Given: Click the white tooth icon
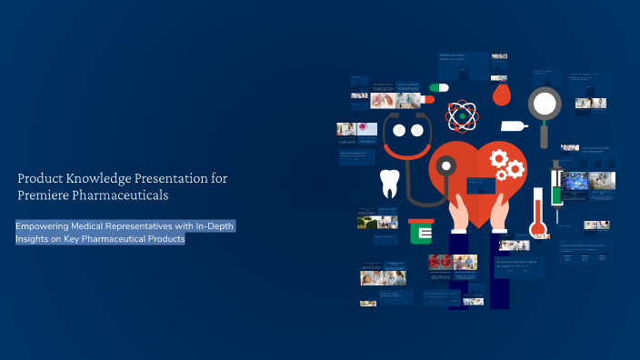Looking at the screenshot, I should tap(389, 183).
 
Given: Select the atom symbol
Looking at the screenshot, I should tap(462, 115).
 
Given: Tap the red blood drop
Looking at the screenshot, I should tap(501, 93).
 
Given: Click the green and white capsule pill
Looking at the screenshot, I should tap(438, 87).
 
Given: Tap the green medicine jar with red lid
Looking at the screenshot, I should tap(420, 233).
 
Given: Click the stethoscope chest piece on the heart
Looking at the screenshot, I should tap(445, 166).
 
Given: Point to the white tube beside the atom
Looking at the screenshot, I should tap(512, 125).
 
